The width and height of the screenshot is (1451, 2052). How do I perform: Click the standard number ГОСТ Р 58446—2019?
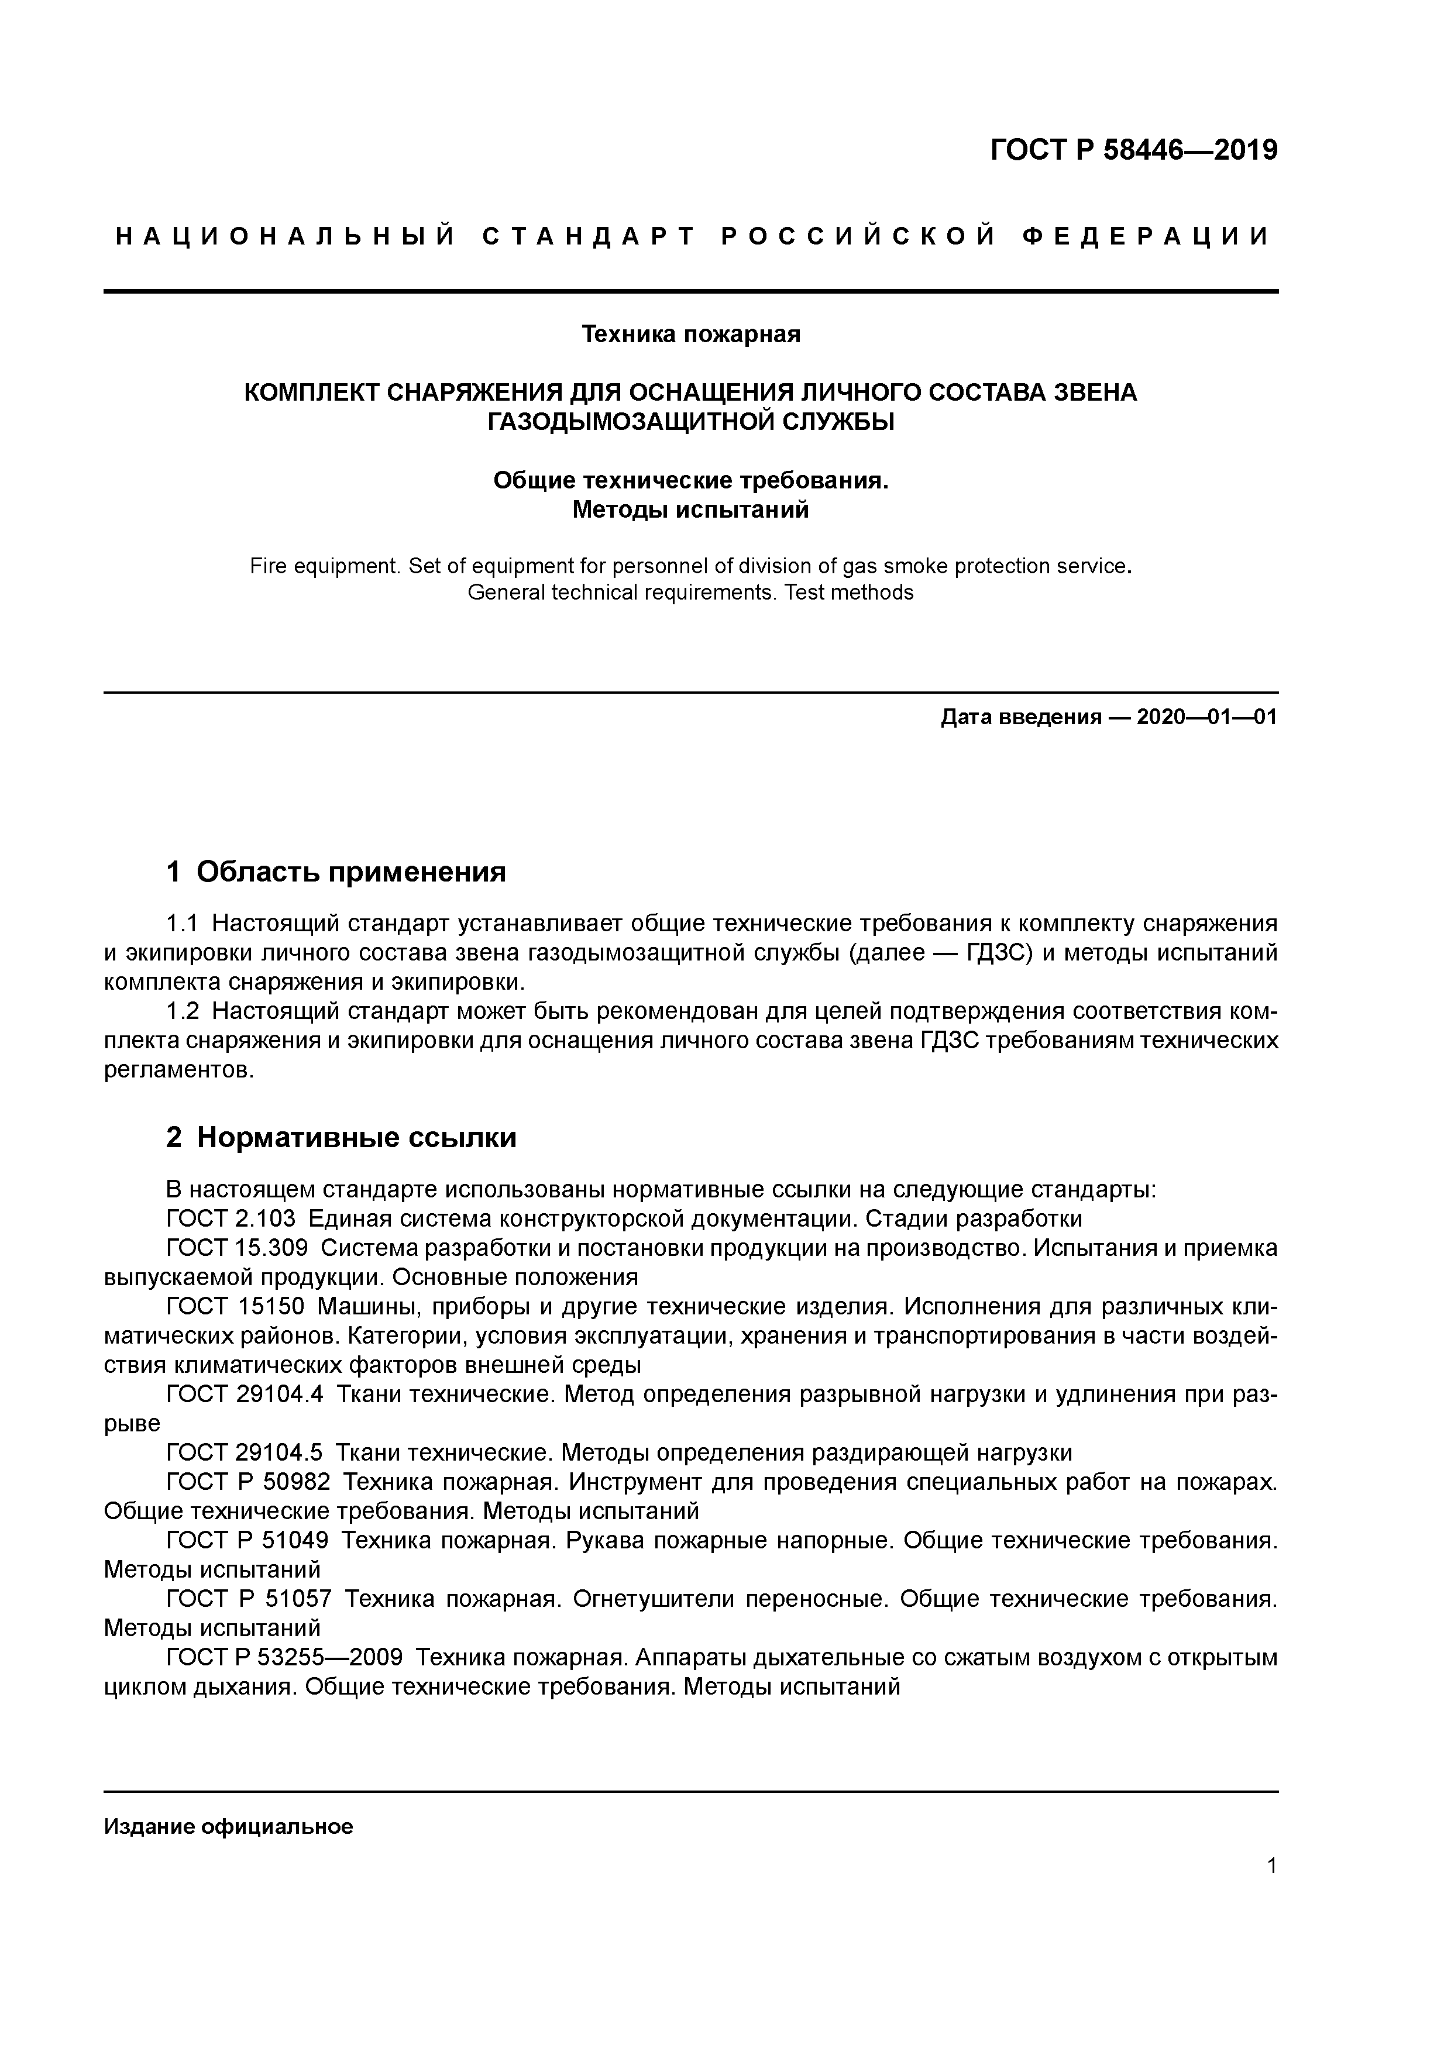[x=1134, y=150]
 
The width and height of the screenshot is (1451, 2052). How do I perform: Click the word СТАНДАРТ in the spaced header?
[x=588, y=237]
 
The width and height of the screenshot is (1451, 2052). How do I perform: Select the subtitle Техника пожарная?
[x=690, y=334]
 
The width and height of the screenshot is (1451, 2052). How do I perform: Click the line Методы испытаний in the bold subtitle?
[x=690, y=509]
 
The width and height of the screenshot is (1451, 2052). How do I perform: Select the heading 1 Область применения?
[x=336, y=872]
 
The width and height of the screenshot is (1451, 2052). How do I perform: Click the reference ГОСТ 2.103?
[x=231, y=1219]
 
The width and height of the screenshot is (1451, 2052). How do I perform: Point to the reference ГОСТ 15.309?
[x=237, y=1248]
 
